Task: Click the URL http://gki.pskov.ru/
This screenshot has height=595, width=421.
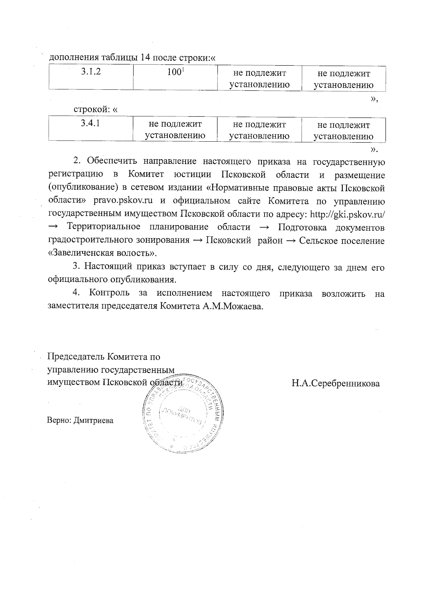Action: click(348, 214)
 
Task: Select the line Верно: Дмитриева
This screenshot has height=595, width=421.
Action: click(80, 420)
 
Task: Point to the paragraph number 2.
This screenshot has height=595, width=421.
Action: click(77, 162)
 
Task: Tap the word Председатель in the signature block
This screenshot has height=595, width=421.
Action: click(76, 357)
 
